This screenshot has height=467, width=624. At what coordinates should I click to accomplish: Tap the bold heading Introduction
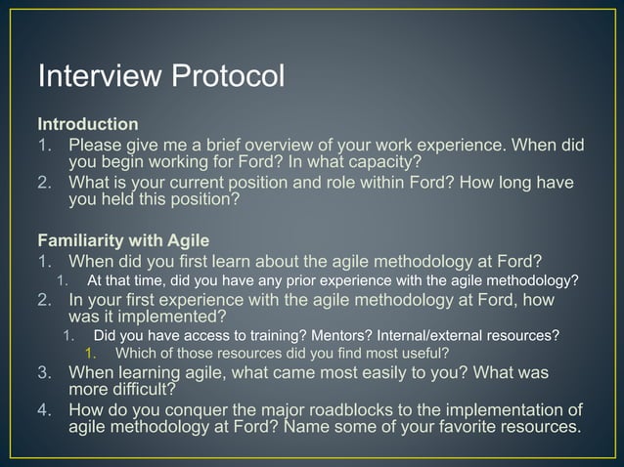87,125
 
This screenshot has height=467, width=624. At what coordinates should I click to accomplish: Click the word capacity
378,161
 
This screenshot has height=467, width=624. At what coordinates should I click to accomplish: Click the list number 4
44,409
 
